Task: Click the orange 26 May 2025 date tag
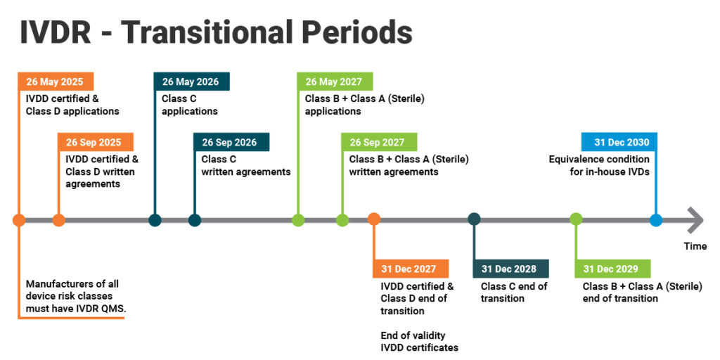[x=56, y=82]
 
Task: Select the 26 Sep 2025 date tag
[x=96, y=142]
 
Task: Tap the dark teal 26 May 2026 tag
[x=191, y=82]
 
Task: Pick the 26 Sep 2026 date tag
[x=231, y=142]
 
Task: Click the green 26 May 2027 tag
[x=335, y=82]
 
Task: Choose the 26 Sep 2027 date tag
[x=379, y=142]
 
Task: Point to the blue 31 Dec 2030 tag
[x=619, y=142]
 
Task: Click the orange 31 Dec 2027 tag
[x=411, y=269]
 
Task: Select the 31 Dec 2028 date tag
[x=510, y=269]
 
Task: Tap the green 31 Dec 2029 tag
[x=612, y=269]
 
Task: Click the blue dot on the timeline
[x=656, y=220]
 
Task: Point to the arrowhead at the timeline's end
[x=695, y=220]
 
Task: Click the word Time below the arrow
[x=695, y=246]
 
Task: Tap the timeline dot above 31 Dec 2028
[x=475, y=219]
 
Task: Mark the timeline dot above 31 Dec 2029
[x=576, y=219]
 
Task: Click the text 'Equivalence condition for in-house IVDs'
[x=599, y=165]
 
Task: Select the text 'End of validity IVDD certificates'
[x=419, y=341]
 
